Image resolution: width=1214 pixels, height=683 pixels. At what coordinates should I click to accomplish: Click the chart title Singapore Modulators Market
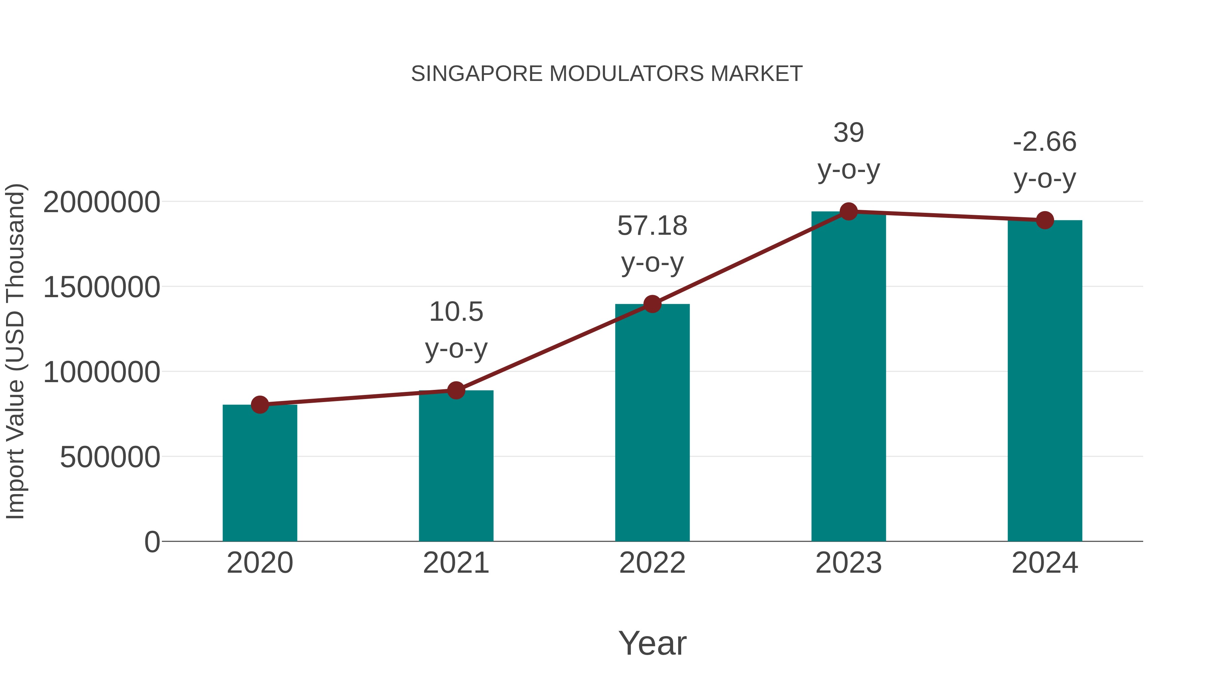pos(607,74)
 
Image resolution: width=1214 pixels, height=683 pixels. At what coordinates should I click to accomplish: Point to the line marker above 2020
pos(260,404)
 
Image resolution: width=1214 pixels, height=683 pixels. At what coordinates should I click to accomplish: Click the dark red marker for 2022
pos(652,304)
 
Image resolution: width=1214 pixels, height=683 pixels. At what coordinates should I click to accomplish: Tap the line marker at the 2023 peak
pos(848,211)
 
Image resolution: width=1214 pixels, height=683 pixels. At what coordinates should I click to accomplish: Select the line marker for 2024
pos(1045,220)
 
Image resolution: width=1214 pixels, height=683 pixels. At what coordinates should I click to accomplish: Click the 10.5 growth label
pos(456,312)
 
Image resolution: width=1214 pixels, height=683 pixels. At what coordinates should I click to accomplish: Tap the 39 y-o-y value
pos(848,133)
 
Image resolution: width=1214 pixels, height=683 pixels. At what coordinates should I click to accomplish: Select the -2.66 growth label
pos(1045,142)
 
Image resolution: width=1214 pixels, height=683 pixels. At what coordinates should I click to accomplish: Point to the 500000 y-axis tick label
pos(110,457)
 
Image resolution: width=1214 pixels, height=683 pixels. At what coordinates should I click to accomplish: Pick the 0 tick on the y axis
pos(152,542)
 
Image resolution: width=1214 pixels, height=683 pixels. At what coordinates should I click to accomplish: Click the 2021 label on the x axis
pos(456,563)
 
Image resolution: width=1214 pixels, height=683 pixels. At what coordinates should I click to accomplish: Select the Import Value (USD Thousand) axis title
pos(16,352)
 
